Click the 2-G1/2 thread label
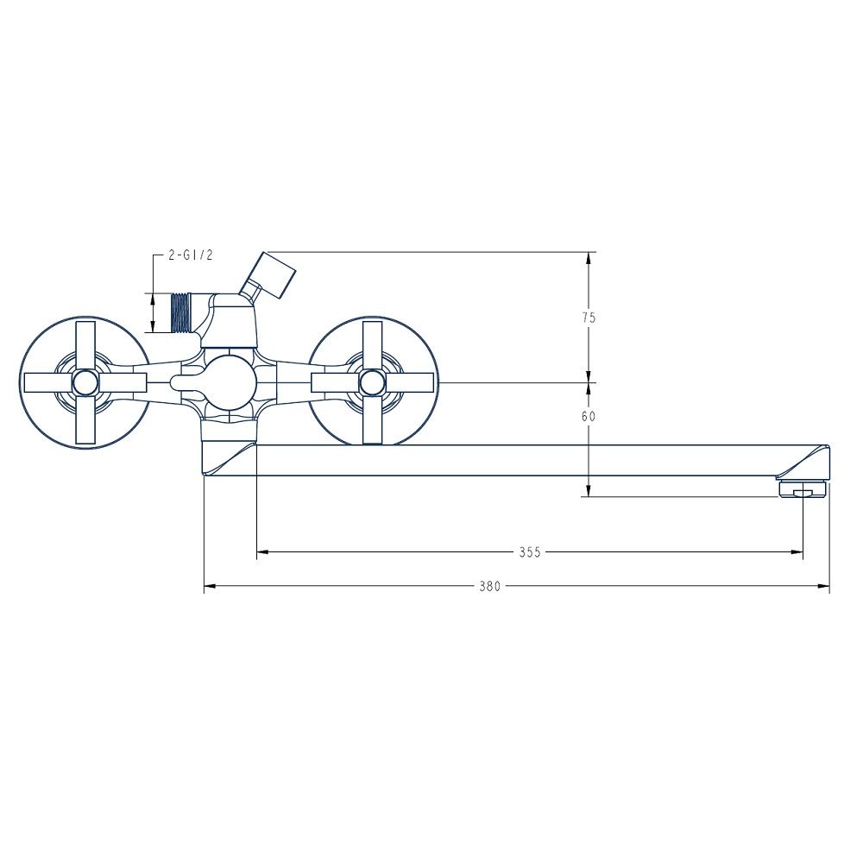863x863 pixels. click(191, 255)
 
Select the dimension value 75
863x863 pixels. click(589, 318)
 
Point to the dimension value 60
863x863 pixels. click(589, 417)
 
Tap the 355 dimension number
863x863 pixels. click(530, 552)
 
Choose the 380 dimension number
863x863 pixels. click(489, 587)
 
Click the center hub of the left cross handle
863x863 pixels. click(85, 382)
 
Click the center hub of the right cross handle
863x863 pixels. click(371, 382)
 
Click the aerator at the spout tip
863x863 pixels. click(803, 489)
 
